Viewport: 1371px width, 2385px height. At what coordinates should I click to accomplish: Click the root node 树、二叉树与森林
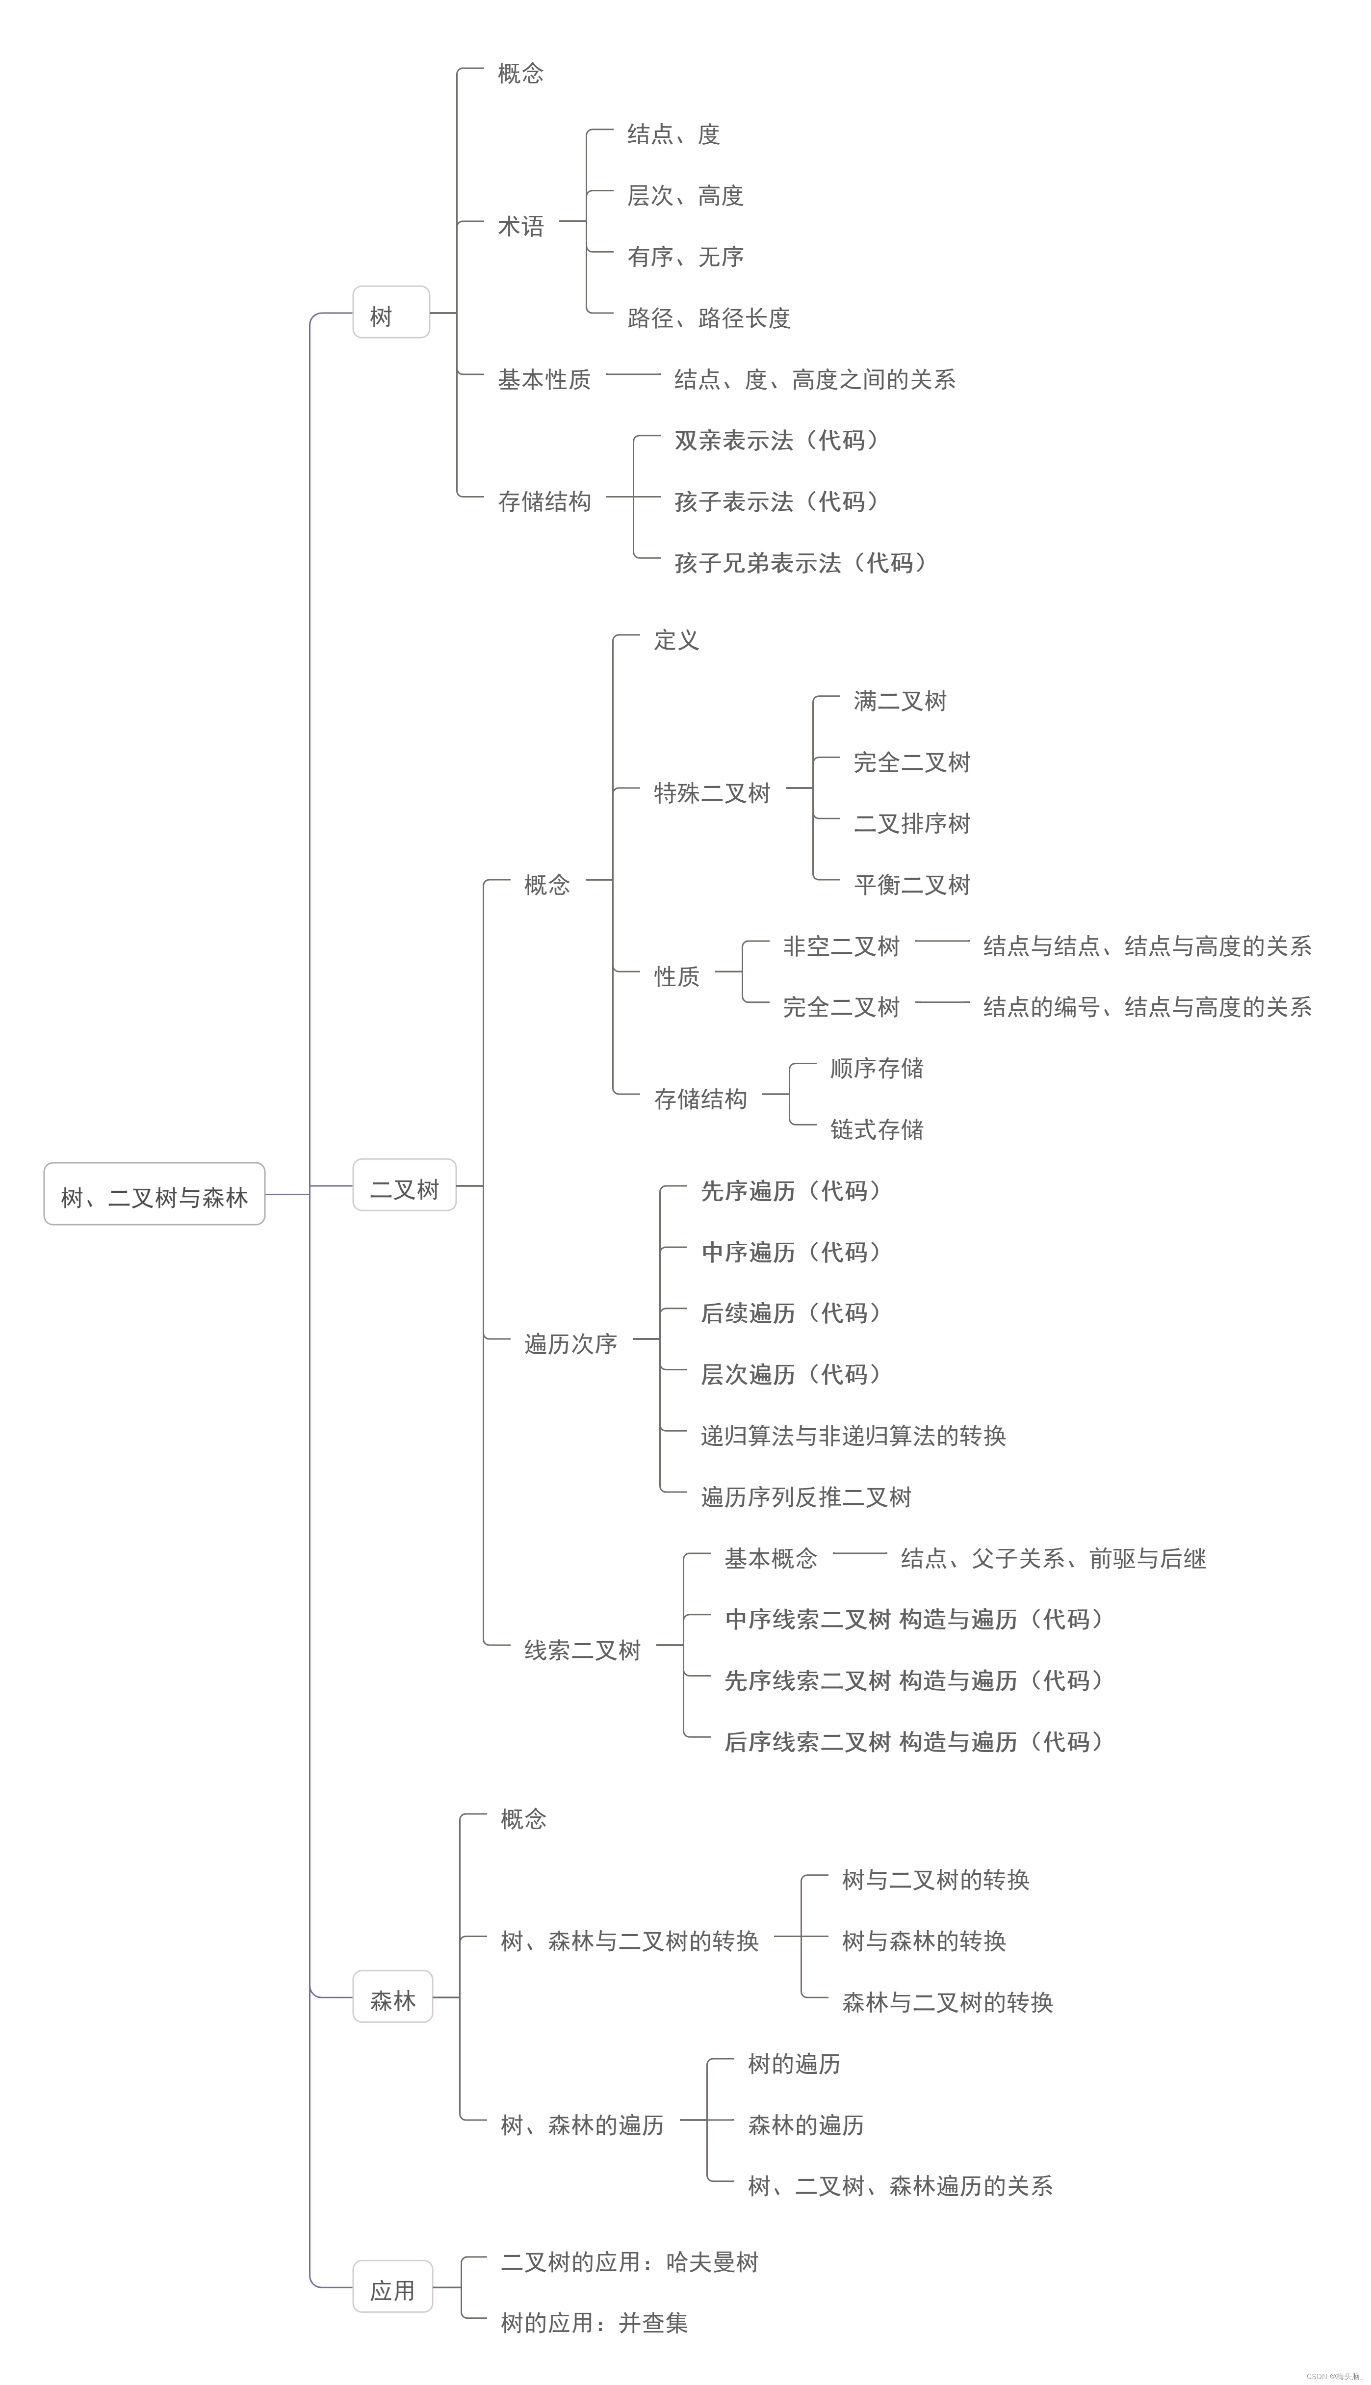pos(155,1197)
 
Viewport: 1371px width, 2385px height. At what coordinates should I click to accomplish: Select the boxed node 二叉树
pos(404,1188)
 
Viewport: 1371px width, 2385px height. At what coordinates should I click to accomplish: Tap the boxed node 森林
pos(392,2000)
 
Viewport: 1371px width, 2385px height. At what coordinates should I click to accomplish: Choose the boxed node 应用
pos(392,2290)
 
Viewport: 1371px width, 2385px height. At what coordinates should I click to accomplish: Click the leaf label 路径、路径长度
pos(709,318)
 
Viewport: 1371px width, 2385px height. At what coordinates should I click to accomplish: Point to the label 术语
pos(521,226)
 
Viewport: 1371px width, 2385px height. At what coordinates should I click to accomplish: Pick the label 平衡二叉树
pos(911,884)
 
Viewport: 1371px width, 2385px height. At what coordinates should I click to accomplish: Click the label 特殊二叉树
pos(712,793)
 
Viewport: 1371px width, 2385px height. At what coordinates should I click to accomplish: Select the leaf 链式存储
pos(877,1129)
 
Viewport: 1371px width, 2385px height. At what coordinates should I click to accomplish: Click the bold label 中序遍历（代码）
pos(793,1251)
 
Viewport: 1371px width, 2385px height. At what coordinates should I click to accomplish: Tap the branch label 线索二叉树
pos(582,1650)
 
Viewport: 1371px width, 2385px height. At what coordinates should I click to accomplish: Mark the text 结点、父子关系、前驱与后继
pos(1053,1558)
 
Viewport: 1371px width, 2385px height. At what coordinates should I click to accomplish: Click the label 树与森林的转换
pos(924,1940)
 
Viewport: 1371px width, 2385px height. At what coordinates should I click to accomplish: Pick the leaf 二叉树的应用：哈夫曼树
pos(629,2262)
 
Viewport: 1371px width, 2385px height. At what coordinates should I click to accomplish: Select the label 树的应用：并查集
pos(594,2323)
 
